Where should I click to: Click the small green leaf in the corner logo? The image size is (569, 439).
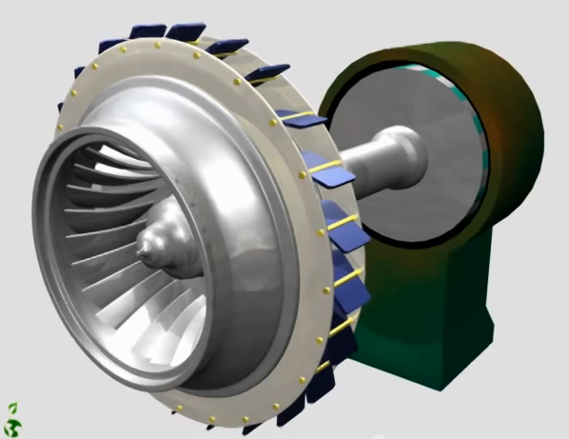click(x=13, y=407)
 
